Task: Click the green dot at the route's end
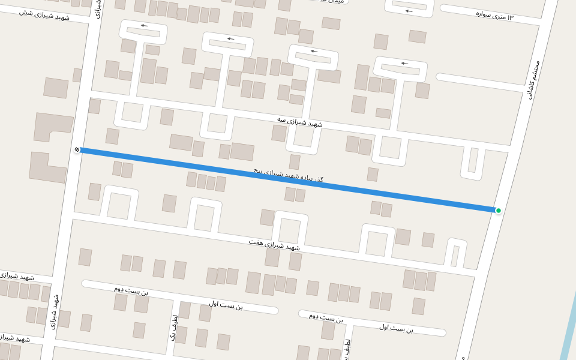[498, 210]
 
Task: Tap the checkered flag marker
[77, 149]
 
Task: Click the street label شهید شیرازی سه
[299, 122]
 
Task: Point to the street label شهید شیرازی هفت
[274, 244]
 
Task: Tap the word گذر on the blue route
[317, 180]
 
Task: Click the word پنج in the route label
[259, 171]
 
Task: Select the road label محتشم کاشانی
[534, 79]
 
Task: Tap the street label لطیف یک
[174, 328]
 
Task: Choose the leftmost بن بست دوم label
[131, 290]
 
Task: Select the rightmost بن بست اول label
[396, 328]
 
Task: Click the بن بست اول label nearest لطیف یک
[226, 305]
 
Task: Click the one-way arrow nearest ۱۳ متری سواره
[409, 11]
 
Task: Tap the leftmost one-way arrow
[144, 26]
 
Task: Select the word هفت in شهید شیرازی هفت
[256, 242]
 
